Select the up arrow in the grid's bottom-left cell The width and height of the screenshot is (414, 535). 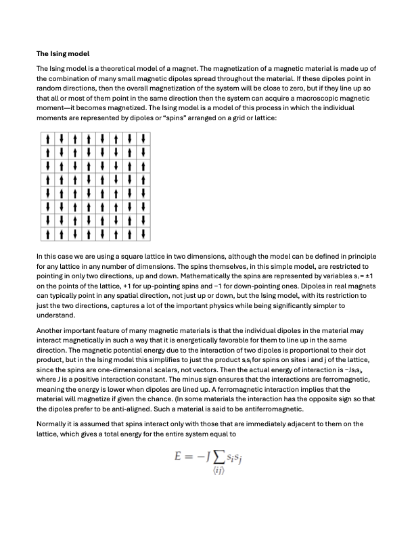tap(48, 234)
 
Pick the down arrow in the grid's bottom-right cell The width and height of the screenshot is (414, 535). tap(143, 234)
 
